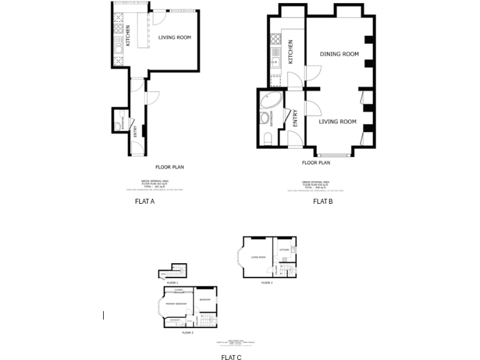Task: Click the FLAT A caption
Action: pos(144,201)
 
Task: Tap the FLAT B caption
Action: pos(322,201)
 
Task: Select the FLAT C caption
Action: pos(231,357)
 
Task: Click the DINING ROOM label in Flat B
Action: pos(339,54)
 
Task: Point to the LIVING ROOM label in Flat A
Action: pos(174,37)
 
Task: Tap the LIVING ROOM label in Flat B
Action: pos(337,122)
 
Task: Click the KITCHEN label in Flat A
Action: pos(128,35)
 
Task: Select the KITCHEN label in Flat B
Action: pos(291,52)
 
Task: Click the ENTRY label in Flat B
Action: pos(295,118)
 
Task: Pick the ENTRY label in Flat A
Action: pos(135,132)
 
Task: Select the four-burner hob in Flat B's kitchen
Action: pos(276,40)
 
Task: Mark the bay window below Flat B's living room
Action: pos(334,154)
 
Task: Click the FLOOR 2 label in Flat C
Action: pos(267,283)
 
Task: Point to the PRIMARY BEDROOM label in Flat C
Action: pos(176,304)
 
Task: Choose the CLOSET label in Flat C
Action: pos(179,291)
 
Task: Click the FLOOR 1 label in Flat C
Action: pos(172,283)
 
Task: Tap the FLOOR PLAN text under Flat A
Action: pos(169,167)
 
